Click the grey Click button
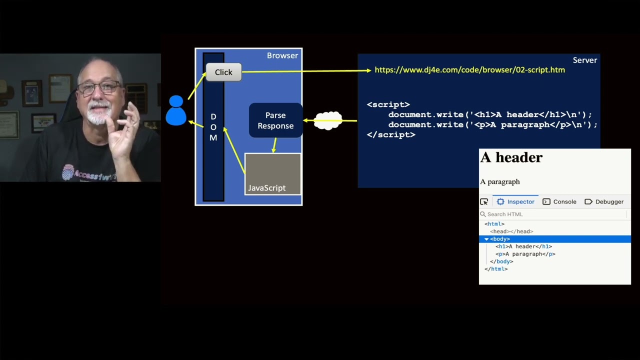click(x=223, y=72)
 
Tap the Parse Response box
click(x=275, y=120)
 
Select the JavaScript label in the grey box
click(x=267, y=188)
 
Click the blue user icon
click(x=176, y=111)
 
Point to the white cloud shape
click(x=328, y=120)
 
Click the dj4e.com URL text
click(x=469, y=70)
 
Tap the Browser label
click(x=282, y=55)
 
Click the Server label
click(x=584, y=60)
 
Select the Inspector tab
click(x=515, y=201)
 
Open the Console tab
click(x=559, y=201)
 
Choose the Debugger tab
click(x=604, y=201)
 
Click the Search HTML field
click(x=550, y=214)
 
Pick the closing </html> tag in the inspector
click(x=496, y=269)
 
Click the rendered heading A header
click(x=511, y=157)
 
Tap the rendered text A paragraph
click(x=500, y=181)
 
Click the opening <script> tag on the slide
click(x=388, y=104)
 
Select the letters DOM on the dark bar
click(x=213, y=127)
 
